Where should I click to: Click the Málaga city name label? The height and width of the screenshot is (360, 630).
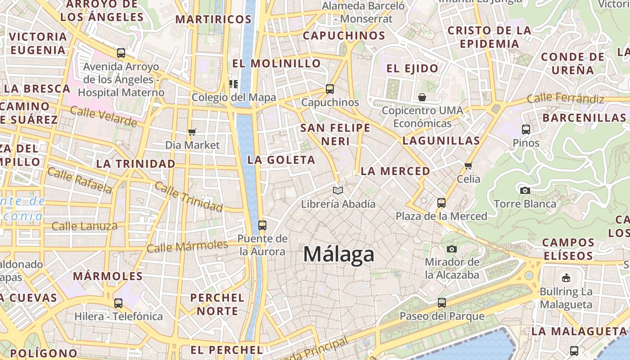338,254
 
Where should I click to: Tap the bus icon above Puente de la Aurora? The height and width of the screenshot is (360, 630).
262,225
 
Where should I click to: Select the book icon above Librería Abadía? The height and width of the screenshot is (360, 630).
338,191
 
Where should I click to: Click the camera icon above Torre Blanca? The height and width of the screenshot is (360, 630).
525,190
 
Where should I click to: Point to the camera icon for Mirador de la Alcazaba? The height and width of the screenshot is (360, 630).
452,249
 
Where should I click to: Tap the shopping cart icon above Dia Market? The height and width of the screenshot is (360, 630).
192,132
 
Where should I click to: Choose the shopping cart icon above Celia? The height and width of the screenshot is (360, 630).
468,166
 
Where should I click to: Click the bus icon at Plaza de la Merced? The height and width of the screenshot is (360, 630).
441,202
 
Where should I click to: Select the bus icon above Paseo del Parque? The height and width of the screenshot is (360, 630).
442,302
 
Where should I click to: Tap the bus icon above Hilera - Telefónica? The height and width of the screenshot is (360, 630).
118,303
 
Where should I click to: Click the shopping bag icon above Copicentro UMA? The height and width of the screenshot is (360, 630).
422,97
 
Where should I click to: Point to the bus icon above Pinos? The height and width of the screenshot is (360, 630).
526,130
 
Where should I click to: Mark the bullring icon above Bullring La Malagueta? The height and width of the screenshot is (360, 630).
566,278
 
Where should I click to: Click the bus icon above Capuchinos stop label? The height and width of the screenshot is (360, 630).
330,89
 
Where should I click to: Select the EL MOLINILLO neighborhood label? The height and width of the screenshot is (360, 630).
276,63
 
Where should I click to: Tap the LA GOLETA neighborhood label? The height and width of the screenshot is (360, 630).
281,160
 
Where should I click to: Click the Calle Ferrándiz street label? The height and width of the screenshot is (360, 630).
565,98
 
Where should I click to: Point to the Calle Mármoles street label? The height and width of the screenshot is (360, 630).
188,247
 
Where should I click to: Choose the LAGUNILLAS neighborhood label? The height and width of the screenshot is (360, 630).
441,140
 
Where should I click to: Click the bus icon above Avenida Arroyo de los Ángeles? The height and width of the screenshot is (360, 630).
121,53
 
